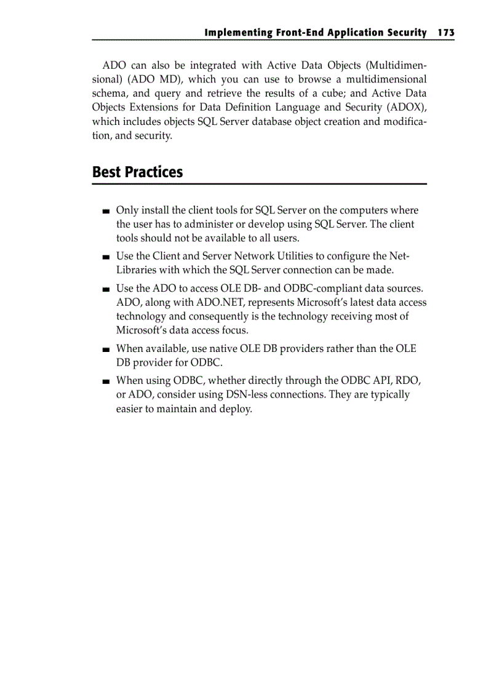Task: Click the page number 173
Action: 446,32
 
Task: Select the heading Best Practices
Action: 137,172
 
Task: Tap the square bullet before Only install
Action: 106,212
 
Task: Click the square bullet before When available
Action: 106,349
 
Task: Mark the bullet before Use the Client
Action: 106,257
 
